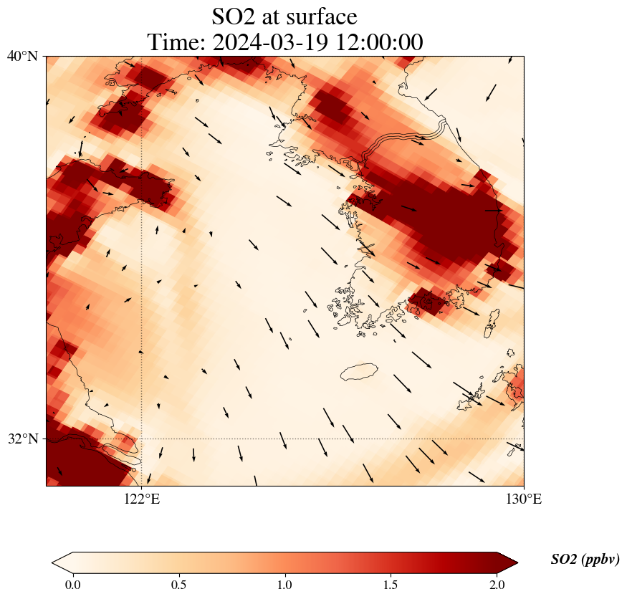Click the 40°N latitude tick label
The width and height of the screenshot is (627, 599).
[x=22, y=56]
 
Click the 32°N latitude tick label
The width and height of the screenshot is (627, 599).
[x=22, y=439]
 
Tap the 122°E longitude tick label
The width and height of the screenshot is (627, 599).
[x=142, y=499]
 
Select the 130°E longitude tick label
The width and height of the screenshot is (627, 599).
[x=524, y=499]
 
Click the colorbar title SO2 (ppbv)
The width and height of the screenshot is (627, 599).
[x=585, y=560]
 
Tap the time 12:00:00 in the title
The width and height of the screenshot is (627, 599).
[x=378, y=42]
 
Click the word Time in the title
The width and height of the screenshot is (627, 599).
[x=171, y=42]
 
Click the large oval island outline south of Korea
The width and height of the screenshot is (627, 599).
[x=360, y=373]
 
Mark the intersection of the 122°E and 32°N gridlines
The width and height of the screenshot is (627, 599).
[x=142, y=439]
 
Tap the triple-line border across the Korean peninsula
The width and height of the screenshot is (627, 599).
[x=405, y=139]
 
